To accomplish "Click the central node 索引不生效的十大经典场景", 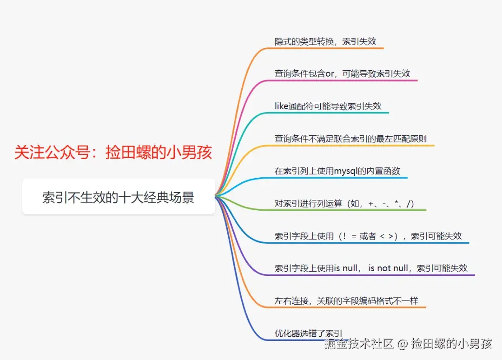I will click(x=118, y=197).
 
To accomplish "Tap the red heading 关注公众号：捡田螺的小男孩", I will click(x=113, y=153).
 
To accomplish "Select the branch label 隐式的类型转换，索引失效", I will click(x=325, y=41).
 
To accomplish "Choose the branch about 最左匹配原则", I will click(x=350, y=139).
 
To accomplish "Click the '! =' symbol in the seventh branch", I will click(x=349, y=236).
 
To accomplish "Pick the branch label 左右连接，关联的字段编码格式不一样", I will click(x=346, y=301).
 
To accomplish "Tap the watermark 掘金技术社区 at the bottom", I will click(x=359, y=344).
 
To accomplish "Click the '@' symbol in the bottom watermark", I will click(x=403, y=345).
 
